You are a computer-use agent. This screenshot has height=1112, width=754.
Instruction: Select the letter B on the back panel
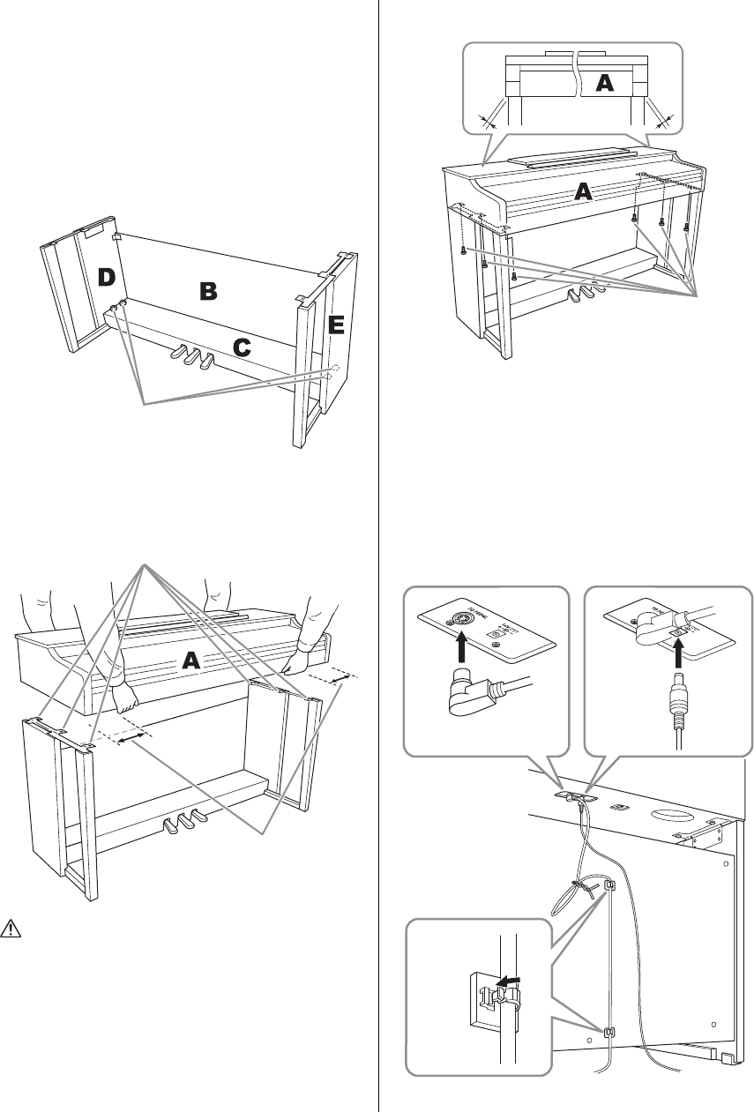[207, 291]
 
